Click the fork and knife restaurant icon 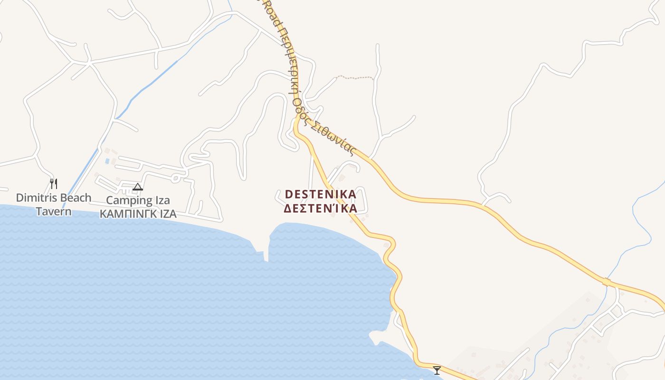tap(54, 183)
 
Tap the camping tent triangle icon tap(138, 187)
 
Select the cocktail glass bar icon tap(437, 370)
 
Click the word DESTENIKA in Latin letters tap(320, 194)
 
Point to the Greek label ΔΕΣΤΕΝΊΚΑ tap(320, 209)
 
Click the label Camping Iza tap(138, 200)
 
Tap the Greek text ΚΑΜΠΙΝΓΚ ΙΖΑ tap(138, 214)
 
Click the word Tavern tap(54, 211)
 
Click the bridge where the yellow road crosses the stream tap(607, 282)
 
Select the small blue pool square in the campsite tap(107, 161)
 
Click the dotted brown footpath tap(355, 77)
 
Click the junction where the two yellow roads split tap(297, 123)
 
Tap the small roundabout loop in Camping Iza tap(175, 178)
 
